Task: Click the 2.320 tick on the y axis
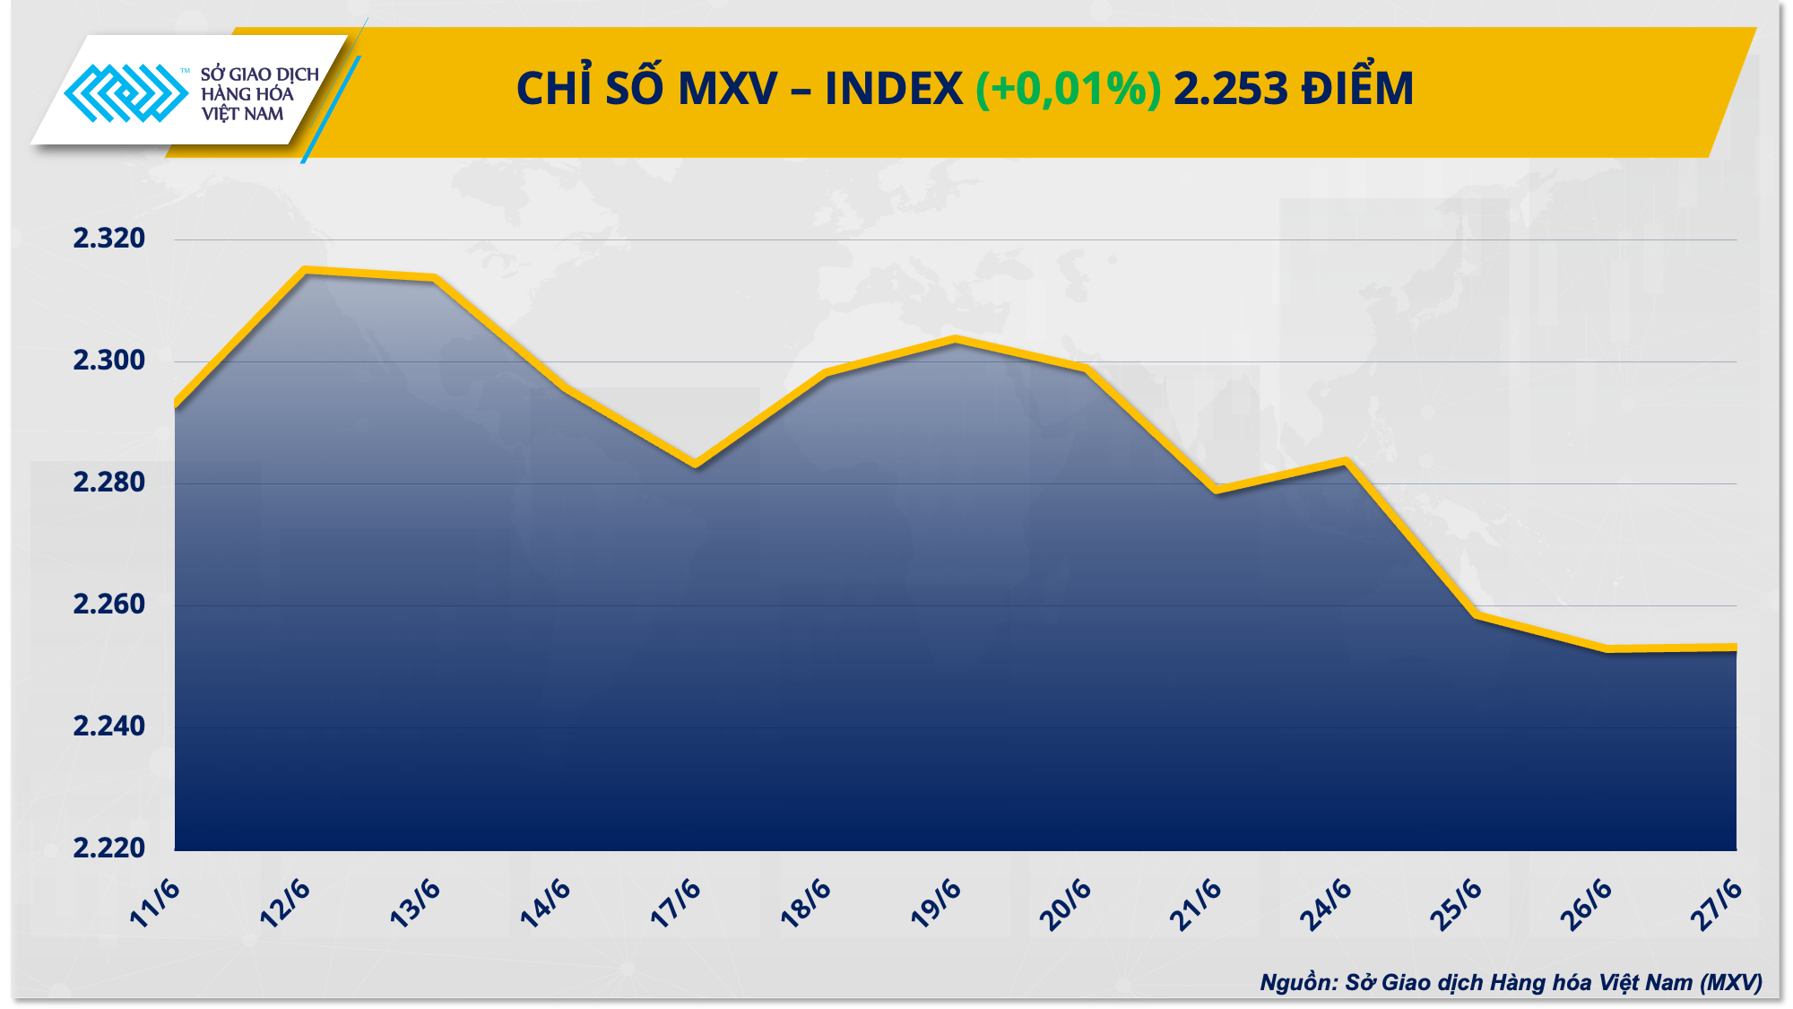[x=108, y=239]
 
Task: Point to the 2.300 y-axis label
[x=108, y=361]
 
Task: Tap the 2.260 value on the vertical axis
[x=108, y=605]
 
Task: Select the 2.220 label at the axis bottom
[x=108, y=848]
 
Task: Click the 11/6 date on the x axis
[x=155, y=903]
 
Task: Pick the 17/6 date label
[x=675, y=903]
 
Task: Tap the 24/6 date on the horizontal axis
[x=1325, y=903]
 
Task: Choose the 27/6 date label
[x=1716, y=903]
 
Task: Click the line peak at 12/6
[x=306, y=270]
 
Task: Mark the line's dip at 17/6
[x=696, y=464]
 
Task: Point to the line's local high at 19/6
[x=956, y=339]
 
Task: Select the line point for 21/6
[x=1217, y=490]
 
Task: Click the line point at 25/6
[x=1477, y=614]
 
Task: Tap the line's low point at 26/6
[x=1607, y=648]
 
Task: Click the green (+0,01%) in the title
[x=1068, y=89]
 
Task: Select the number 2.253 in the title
[x=1231, y=89]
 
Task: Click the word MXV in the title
[x=727, y=89]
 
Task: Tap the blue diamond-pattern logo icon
[x=126, y=92]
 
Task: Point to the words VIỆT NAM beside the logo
[x=242, y=114]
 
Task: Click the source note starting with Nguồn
[x=1511, y=982]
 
